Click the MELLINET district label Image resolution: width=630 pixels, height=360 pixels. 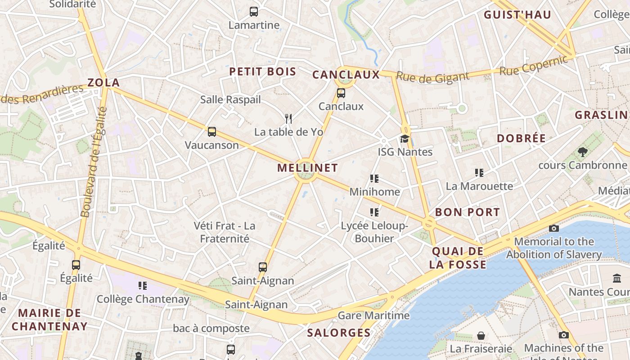click(307, 168)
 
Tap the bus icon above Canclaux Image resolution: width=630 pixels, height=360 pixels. click(341, 93)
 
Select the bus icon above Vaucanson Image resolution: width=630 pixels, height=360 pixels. click(212, 132)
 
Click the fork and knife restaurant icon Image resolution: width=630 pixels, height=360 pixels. click(288, 119)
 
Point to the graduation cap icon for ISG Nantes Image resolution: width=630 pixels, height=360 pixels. click(405, 139)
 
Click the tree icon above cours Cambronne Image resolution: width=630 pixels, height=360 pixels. click(583, 152)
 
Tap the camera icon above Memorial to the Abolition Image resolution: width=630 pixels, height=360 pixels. click(554, 228)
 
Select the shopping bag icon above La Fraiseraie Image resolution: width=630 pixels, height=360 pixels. click(481, 336)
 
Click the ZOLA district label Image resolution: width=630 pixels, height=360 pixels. click(103, 82)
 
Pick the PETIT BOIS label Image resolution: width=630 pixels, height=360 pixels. click(263, 71)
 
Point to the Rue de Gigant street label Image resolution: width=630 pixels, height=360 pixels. click(432, 77)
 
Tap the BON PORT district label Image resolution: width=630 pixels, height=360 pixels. click(468, 212)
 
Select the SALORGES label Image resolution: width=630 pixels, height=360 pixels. click(339, 333)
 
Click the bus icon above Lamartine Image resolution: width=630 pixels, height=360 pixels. click(254, 12)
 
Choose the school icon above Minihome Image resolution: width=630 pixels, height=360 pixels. click(374, 179)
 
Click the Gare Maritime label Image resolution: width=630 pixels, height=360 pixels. click(373, 315)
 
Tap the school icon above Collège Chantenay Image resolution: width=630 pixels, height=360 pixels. click(143, 285)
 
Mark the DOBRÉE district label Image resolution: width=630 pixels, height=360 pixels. click(521, 138)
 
